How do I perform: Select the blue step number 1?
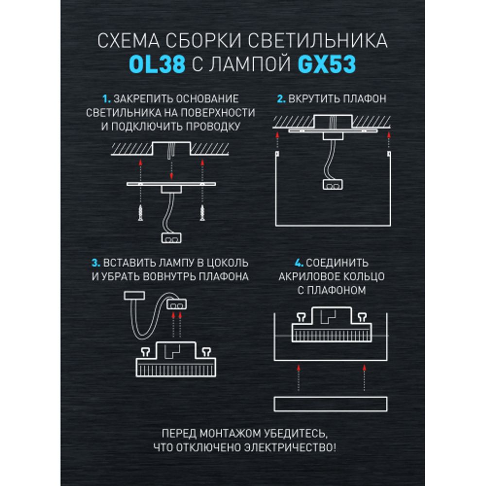pos(107,99)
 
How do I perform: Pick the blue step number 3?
pos(96,263)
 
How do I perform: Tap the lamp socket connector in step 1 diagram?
pos(171,238)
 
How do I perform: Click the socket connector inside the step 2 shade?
pos(333,184)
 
